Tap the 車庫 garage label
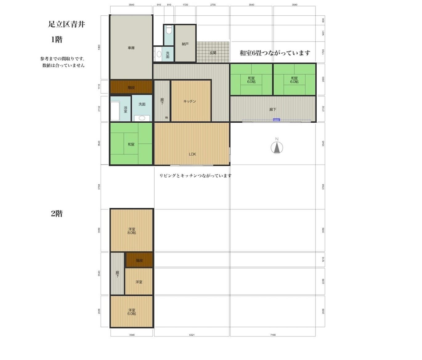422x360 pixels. pos(131,48)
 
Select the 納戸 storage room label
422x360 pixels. pos(185,44)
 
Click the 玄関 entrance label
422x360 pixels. pos(213,53)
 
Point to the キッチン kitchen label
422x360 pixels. pos(189,101)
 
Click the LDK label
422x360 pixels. pos(192,154)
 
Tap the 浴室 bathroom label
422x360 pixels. pos(125,109)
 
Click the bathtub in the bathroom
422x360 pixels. pos(115,111)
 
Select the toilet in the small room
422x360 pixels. pos(168,30)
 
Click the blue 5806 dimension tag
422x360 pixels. pos(276,120)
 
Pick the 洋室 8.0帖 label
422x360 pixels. pos(132,231)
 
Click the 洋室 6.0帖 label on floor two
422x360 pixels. pos(132,312)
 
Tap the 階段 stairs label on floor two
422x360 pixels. pos(139,260)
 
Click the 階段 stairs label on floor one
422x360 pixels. pos(131,88)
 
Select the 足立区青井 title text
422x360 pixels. pos(66,24)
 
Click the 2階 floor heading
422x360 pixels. pos(57,214)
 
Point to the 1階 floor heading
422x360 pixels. pos(57,39)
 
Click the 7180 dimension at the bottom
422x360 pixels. pos(273,335)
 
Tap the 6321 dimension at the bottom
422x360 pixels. pos(192,335)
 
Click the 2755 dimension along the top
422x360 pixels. pos(213,5)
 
